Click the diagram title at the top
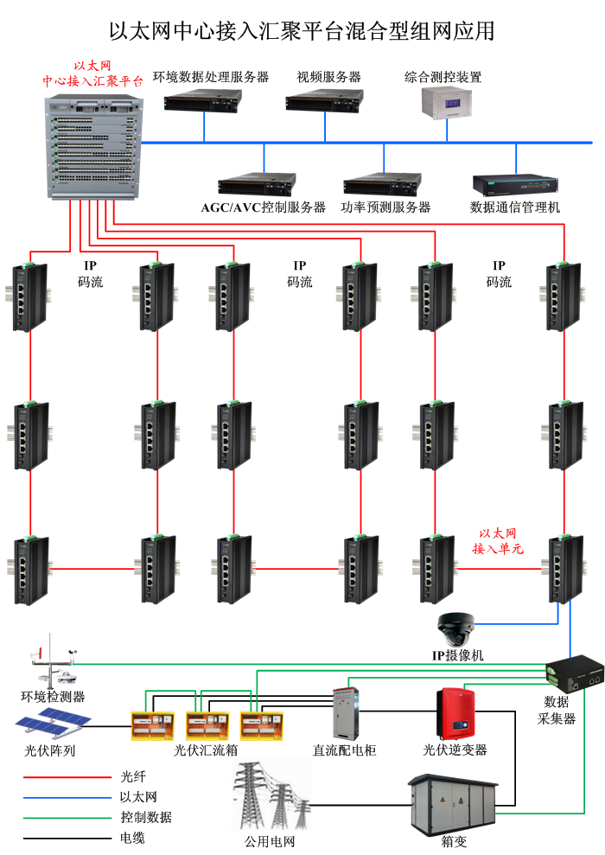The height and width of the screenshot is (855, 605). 302,31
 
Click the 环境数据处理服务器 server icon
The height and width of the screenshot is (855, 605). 204,102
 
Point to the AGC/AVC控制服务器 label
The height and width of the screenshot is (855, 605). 263,207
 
